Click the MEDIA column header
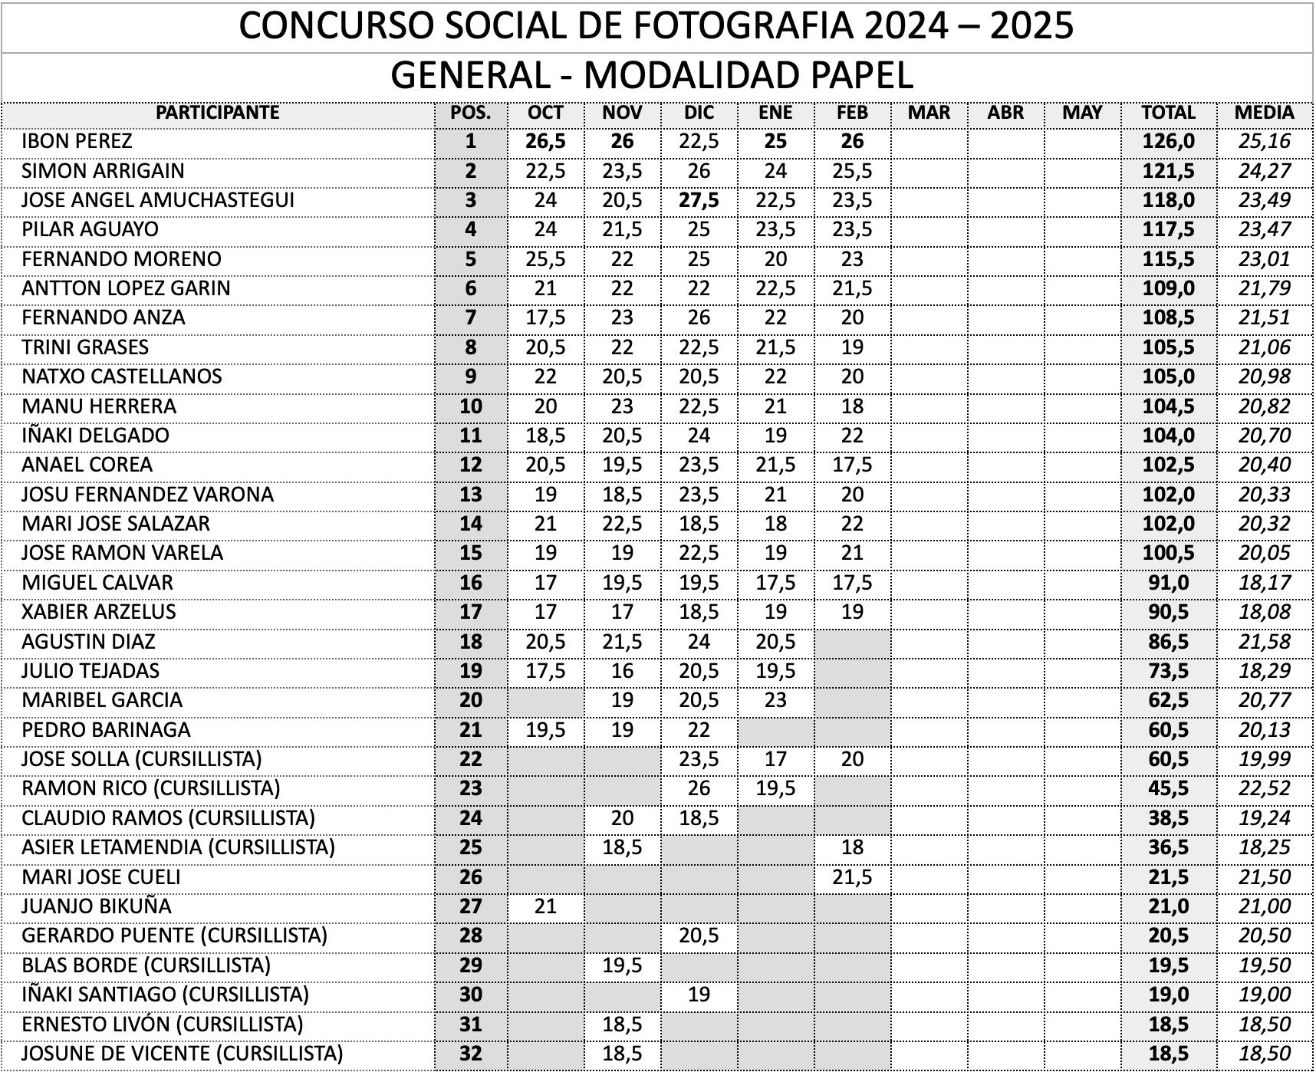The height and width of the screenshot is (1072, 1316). tap(1264, 113)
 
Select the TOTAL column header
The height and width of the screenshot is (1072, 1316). tap(1168, 113)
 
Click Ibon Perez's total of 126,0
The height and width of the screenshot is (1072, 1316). tap(1168, 141)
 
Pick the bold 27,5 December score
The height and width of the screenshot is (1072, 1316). tap(699, 200)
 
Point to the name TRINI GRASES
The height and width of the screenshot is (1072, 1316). tap(85, 347)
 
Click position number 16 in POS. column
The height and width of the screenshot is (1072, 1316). tap(470, 583)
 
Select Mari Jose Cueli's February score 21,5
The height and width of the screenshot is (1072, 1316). tap(852, 877)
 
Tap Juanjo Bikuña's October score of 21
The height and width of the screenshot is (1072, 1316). tap(545, 906)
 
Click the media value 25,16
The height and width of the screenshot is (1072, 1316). tap(1264, 141)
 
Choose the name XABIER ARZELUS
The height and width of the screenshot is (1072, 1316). tap(98, 612)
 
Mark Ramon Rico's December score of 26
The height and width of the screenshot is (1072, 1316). tap(699, 788)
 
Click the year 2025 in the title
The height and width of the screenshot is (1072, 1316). tap(1031, 26)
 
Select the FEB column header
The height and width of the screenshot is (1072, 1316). tap(852, 113)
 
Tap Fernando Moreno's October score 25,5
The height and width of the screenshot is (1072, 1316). tap(545, 259)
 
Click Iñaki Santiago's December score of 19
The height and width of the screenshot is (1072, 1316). tap(699, 995)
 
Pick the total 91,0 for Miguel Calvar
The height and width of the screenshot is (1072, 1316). tap(1168, 583)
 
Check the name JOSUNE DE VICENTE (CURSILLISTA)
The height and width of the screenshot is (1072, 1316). tap(182, 1054)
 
